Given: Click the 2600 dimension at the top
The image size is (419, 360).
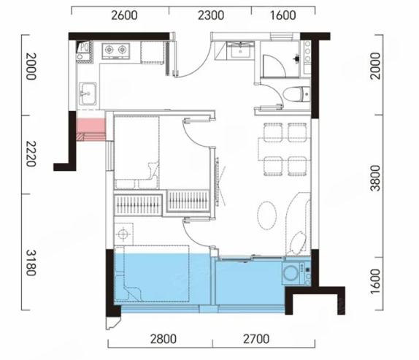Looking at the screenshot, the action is point(125,15).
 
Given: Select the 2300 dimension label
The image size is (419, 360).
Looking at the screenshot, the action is point(211,15).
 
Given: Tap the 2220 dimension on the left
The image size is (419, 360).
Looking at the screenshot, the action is point(31,153).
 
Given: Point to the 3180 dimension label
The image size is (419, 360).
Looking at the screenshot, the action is point(31,263).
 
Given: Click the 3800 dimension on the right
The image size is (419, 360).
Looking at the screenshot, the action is point(375,178).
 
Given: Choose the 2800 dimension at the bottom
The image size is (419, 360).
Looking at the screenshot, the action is point(164,339).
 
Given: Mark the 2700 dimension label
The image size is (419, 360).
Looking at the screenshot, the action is point(256,339).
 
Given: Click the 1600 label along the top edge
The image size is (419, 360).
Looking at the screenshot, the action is point(283,15).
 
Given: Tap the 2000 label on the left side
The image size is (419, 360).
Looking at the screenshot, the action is point(31,66).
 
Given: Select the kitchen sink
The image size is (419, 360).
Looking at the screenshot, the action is point(88,93).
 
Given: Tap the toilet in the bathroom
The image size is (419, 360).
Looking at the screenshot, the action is point(296,94).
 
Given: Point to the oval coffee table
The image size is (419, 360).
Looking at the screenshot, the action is point(267,215).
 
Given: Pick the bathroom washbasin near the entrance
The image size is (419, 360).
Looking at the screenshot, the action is point(240,50).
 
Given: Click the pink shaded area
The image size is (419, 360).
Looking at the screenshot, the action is point(91,129).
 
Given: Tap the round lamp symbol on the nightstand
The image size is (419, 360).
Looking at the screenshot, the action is point(123,234).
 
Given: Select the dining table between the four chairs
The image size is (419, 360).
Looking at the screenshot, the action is point(285,149).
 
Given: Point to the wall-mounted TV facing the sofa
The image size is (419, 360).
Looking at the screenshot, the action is point(218,182).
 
